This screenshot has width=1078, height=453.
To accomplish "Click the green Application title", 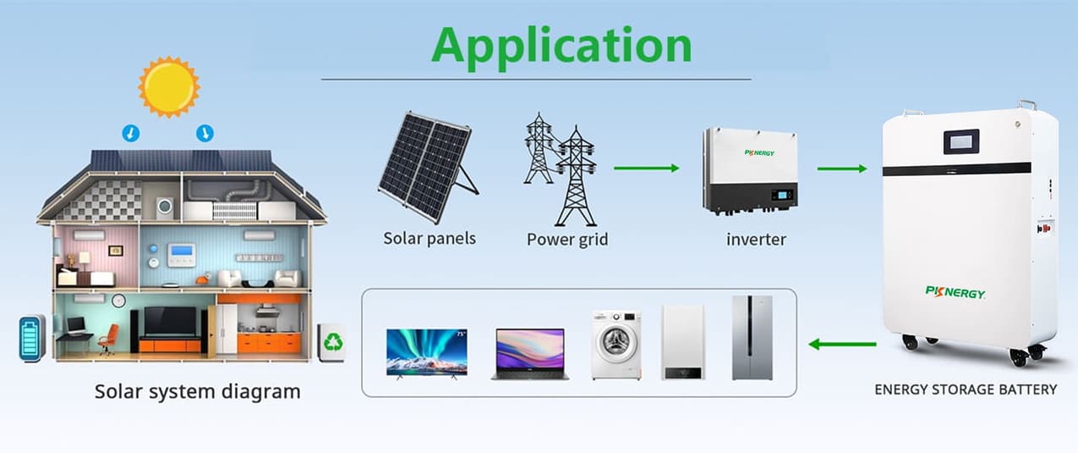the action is pos(561,47).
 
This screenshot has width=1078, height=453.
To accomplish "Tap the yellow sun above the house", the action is pos(169,87).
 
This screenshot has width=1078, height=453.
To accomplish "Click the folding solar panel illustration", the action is pos(429,168).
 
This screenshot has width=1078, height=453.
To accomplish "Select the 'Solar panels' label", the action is pos(430,239).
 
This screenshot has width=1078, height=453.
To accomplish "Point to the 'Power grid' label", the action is pos(567,240).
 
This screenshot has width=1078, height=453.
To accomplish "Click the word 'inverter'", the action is pos(756,240).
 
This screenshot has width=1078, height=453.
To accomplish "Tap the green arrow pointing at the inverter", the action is pos(646,168).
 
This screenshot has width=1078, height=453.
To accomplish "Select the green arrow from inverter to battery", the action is pos(842,168).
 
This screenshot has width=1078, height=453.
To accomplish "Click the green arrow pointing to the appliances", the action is pos(842,344).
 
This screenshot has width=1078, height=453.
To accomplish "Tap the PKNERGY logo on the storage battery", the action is pos(955,292).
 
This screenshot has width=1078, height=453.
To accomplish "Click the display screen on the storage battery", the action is pos(961,141).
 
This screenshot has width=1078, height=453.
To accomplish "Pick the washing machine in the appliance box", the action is pos(616,345).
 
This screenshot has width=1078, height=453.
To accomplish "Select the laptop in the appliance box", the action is pos(530,354).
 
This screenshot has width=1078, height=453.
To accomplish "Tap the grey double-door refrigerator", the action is pos(752,338).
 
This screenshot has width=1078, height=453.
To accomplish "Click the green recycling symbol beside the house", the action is pos(333,342).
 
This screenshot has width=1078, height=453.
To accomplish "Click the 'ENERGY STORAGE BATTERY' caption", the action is pos(966,389).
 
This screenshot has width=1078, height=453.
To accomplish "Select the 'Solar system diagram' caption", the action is pos(197,392).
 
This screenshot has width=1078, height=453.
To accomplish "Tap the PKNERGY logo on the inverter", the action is pos(759,152).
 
